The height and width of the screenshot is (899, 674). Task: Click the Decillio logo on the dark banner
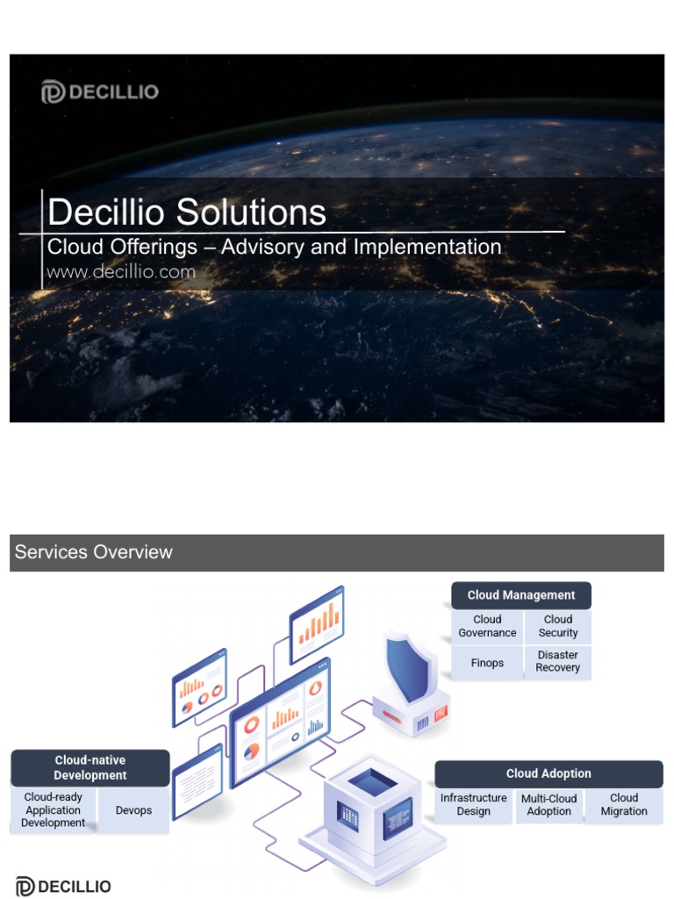(x=99, y=91)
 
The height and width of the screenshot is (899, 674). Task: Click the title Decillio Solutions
(x=187, y=212)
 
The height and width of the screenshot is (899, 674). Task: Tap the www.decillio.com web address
(x=121, y=272)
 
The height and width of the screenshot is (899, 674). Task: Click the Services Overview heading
(x=94, y=552)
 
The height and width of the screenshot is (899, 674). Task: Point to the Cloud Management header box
(x=520, y=595)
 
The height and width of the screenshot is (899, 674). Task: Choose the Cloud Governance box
(x=487, y=626)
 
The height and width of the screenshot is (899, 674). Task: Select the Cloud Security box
(x=558, y=626)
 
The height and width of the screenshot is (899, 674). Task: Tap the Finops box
(x=487, y=662)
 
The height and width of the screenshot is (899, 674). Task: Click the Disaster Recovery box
(x=558, y=661)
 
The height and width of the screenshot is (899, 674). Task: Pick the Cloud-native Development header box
(x=90, y=768)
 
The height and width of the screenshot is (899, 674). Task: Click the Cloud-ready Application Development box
(x=53, y=810)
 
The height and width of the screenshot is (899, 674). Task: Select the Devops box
(x=133, y=810)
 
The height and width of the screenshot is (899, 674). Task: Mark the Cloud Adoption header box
(x=549, y=773)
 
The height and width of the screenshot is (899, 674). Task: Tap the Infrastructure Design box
(x=474, y=805)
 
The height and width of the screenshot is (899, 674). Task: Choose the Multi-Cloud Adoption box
(x=549, y=805)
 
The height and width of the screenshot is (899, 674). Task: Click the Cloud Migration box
(x=624, y=805)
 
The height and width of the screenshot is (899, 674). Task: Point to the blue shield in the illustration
(x=412, y=668)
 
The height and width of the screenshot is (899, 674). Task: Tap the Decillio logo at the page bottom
(x=63, y=887)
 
